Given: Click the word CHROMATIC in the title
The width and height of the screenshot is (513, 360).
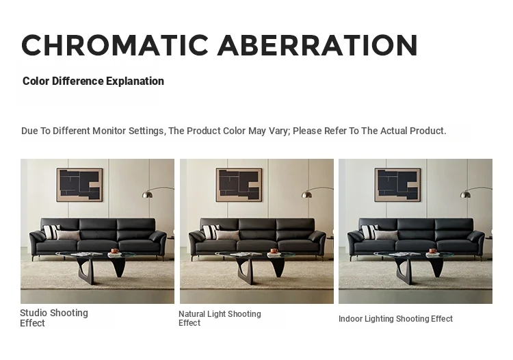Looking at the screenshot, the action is [115, 45].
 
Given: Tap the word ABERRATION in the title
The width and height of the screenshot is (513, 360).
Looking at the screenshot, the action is [317, 45].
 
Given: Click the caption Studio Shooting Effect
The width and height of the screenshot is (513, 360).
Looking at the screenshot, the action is [54, 318].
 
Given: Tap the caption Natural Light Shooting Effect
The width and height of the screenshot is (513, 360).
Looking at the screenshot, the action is [220, 318].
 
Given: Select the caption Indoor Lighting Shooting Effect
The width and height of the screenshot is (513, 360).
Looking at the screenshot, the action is [395, 319].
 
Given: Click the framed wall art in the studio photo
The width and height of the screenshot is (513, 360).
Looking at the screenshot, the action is [79, 185].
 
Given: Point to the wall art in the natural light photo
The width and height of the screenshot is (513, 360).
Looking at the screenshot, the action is [239, 185].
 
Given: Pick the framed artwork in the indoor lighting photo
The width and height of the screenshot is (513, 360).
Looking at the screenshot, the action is [397, 185].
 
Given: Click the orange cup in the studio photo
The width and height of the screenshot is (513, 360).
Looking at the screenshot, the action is [114, 251].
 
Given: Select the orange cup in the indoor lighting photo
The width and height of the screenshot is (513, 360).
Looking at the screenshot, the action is [432, 251].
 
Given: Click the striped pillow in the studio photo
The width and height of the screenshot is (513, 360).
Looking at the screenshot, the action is [51, 232].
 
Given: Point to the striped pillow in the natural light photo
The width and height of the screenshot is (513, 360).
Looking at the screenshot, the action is [210, 232].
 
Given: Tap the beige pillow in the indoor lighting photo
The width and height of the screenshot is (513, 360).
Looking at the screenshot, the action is [386, 235].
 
